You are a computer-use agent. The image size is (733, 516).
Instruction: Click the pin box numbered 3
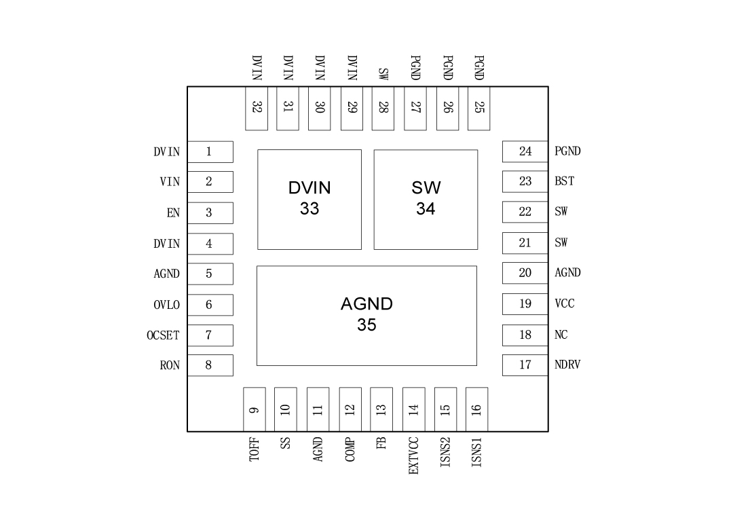point(210,213)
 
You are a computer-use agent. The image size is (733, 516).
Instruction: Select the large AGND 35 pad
point(366,315)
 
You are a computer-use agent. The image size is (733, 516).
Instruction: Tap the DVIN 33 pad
point(309,199)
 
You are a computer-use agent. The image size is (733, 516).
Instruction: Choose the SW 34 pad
point(426,199)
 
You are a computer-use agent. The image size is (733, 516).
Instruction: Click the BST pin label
point(564,181)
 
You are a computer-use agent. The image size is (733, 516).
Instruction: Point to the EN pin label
point(173,213)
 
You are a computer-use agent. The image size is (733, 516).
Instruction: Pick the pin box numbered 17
point(525,365)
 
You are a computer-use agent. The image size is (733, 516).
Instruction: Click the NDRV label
point(567,365)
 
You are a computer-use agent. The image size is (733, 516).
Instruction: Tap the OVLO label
point(166,305)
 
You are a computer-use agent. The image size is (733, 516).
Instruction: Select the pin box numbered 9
point(254,409)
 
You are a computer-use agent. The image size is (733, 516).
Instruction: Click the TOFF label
point(254,450)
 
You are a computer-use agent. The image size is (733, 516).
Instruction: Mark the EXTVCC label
point(413,455)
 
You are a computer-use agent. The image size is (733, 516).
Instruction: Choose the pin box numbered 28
point(383,107)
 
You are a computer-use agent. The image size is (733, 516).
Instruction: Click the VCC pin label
point(565,303)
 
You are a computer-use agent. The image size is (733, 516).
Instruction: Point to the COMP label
point(350,450)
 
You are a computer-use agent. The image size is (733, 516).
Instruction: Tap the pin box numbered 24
point(525,151)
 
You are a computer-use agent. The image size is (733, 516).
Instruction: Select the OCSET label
point(163,335)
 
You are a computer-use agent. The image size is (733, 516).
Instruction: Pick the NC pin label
point(561,335)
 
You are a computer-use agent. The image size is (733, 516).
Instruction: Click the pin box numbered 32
point(257,107)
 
